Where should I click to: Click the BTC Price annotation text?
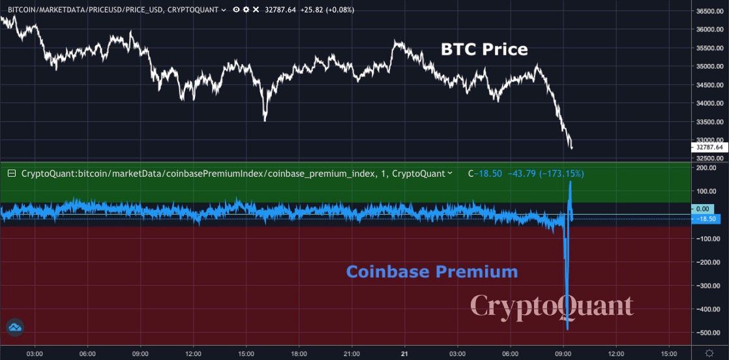[x=484, y=50]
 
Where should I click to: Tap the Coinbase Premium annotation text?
[x=432, y=271]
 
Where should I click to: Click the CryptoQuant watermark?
[x=552, y=306]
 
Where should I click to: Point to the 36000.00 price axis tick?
[x=707, y=30]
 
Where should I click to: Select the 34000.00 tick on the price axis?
[x=707, y=103]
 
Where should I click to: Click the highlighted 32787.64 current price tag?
[x=709, y=147]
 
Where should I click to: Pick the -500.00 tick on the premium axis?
[x=708, y=333]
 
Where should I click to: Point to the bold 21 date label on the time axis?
[x=404, y=353]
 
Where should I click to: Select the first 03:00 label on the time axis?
[x=35, y=353]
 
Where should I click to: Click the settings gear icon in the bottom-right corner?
[x=709, y=353]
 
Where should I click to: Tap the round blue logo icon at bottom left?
[x=14, y=329]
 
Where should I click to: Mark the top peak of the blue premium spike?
[x=571, y=183]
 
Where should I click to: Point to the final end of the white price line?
[x=572, y=149]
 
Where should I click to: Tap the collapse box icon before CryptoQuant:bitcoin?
[x=12, y=174]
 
